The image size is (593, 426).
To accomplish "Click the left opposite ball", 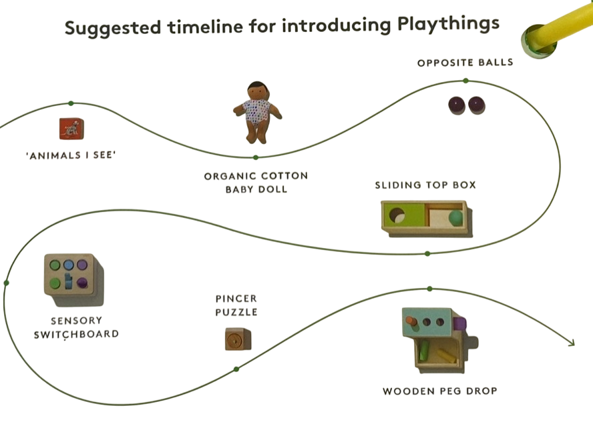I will pyautogui.click(x=455, y=105).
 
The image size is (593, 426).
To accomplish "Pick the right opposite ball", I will pyautogui.click(x=476, y=105).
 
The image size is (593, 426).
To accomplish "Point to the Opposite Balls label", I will pyautogui.click(x=465, y=63).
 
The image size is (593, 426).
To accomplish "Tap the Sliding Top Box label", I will pyautogui.click(x=425, y=185).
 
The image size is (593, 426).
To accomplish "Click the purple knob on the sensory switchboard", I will pyautogui.click(x=83, y=283).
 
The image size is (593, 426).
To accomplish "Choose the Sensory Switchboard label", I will pyautogui.click(x=76, y=327).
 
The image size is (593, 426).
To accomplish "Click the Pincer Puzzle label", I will pyautogui.click(x=236, y=305).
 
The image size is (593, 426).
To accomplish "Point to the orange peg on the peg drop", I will pyautogui.click(x=411, y=321).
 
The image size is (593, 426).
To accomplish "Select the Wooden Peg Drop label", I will pyautogui.click(x=439, y=391).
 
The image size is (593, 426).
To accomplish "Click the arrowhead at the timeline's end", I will pyautogui.click(x=572, y=343).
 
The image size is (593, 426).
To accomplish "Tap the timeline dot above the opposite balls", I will pyautogui.click(x=465, y=81).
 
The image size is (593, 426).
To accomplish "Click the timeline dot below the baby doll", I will pyautogui.click(x=255, y=157).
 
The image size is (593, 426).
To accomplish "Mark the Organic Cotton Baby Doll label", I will pyautogui.click(x=256, y=183).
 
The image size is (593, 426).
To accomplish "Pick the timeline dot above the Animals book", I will pyautogui.click(x=70, y=103).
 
